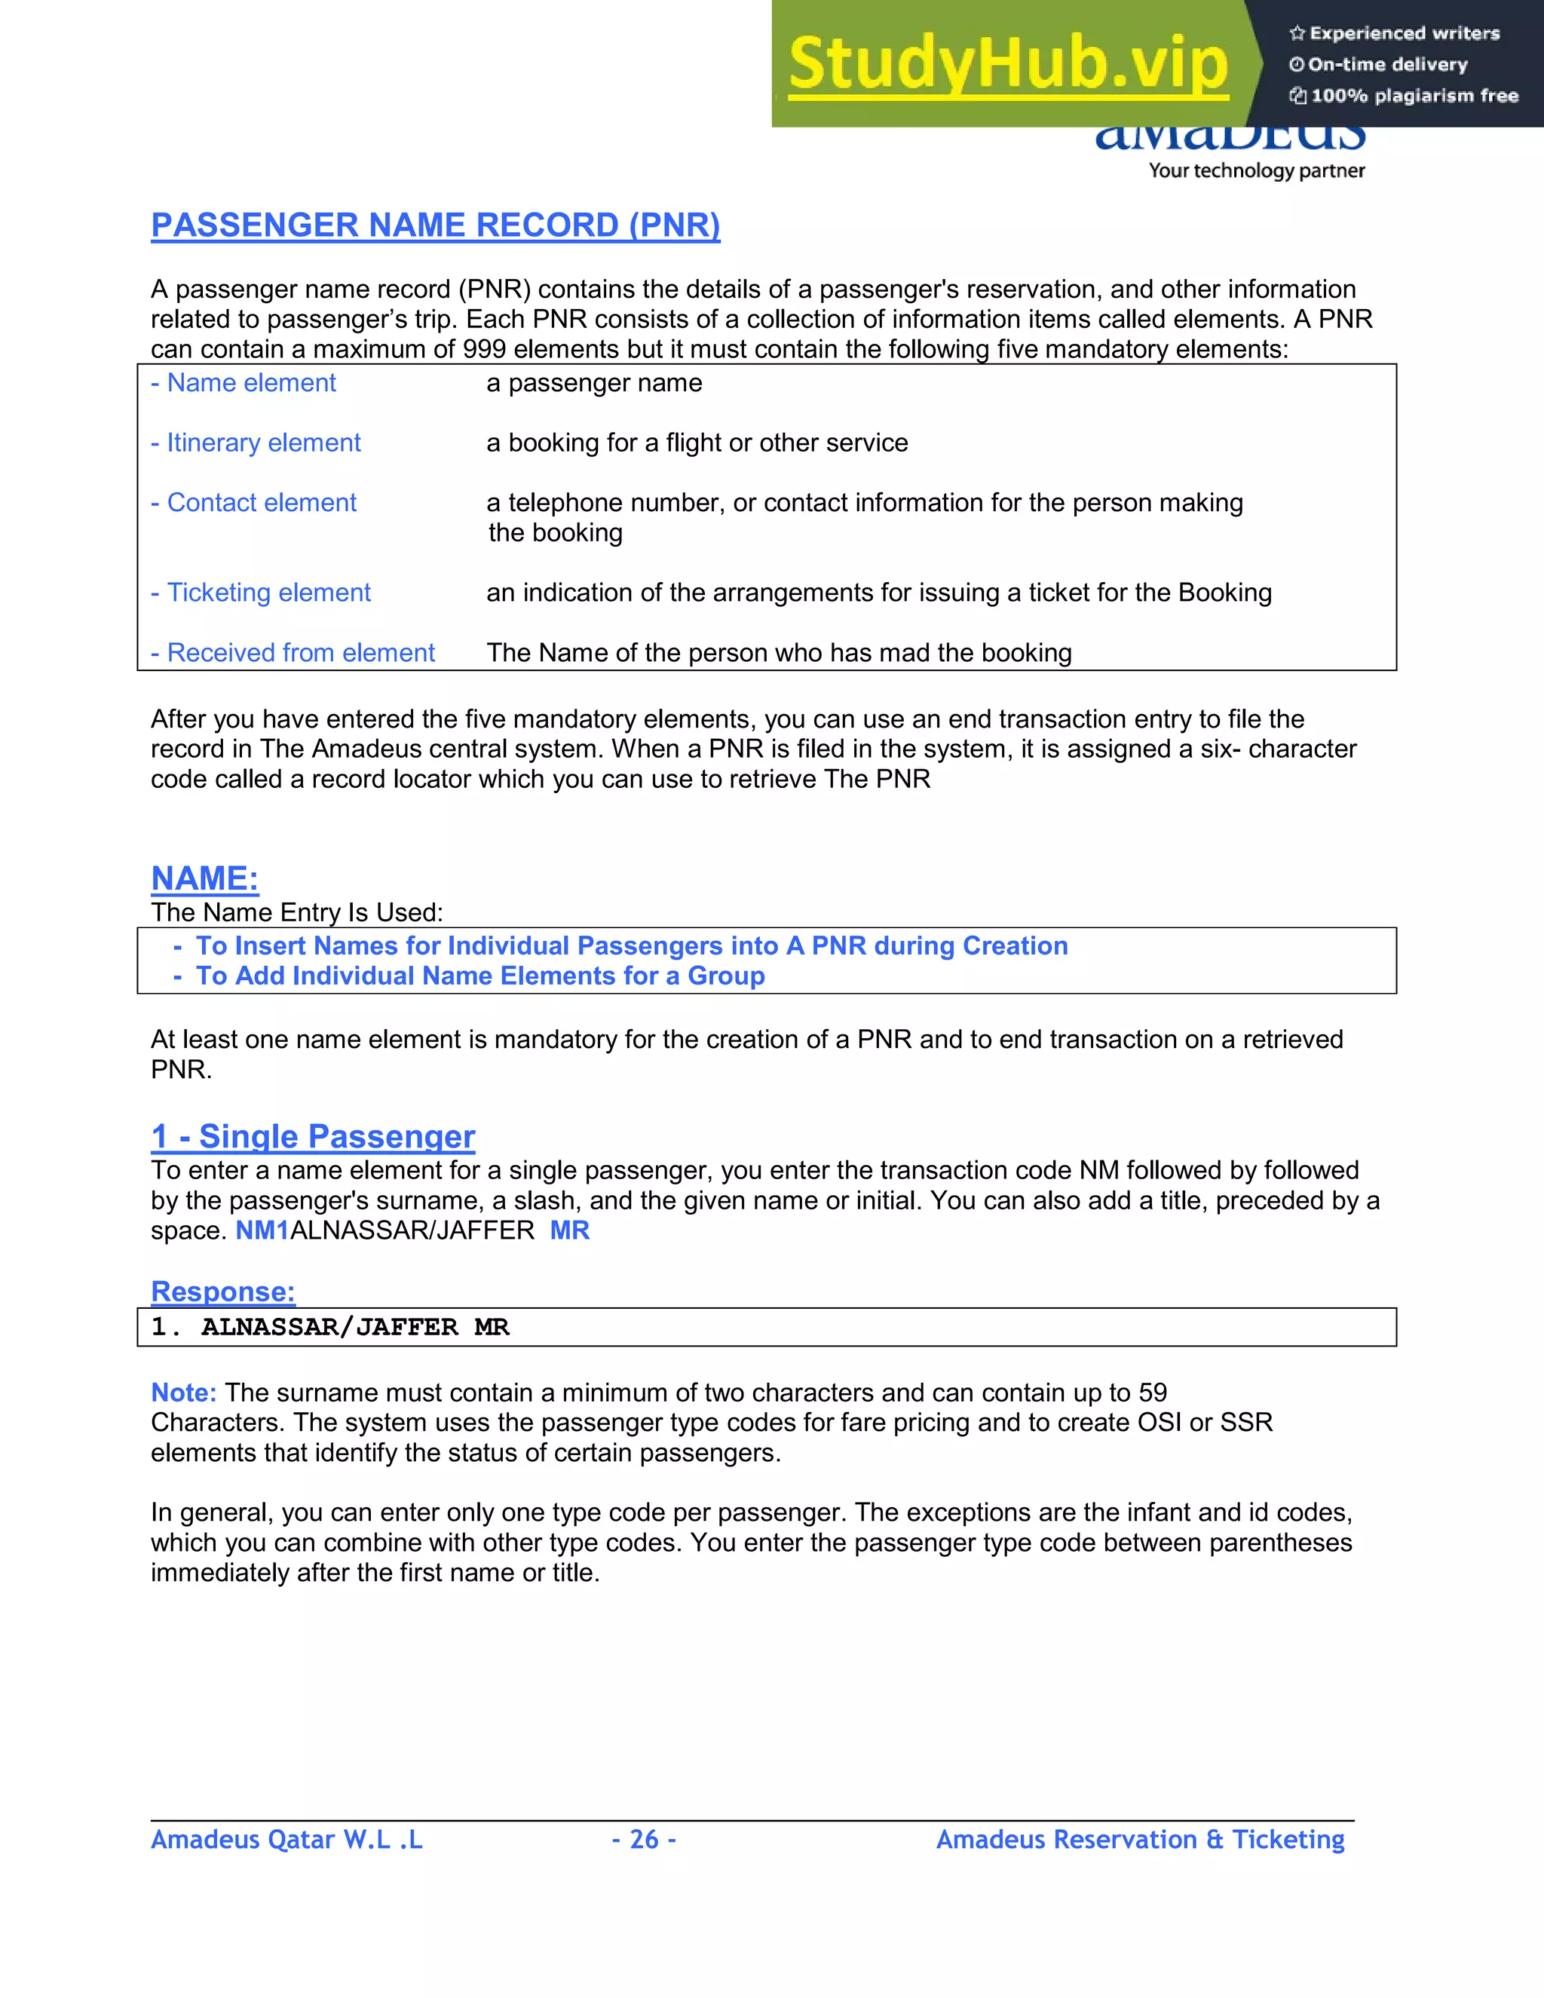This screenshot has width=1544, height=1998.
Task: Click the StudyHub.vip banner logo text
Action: (x=1007, y=64)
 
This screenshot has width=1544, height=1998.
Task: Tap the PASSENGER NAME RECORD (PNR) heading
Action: (x=436, y=225)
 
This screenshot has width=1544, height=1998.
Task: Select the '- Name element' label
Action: (x=244, y=382)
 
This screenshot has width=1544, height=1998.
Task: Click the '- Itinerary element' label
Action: (x=256, y=443)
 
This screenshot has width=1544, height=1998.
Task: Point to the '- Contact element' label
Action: (x=253, y=502)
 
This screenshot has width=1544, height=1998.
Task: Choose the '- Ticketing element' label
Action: (x=261, y=593)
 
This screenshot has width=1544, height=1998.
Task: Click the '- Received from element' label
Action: (x=293, y=652)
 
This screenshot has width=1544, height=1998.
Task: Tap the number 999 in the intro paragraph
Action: (x=484, y=350)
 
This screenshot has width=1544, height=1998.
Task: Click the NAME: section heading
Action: (x=205, y=878)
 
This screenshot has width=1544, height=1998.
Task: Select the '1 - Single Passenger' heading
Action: (x=313, y=1136)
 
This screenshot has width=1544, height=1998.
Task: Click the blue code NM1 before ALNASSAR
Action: (x=262, y=1230)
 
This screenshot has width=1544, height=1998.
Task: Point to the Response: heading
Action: (x=223, y=1291)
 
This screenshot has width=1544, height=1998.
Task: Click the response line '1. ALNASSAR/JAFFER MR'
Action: (x=330, y=1328)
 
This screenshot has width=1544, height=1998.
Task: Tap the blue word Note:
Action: (x=183, y=1393)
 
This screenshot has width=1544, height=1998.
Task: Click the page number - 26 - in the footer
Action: (x=644, y=1839)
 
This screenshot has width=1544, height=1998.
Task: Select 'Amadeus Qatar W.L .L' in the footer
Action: (x=286, y=1839)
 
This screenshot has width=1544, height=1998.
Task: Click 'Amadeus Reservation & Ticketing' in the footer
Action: (x=1140, y=1839)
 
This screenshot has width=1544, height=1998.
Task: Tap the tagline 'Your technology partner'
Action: (x=1256, y=170)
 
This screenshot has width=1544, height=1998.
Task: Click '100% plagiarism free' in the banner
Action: (x=1414, y=96)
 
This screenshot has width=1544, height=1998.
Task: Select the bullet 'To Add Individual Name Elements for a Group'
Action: (x=480, y=976)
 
